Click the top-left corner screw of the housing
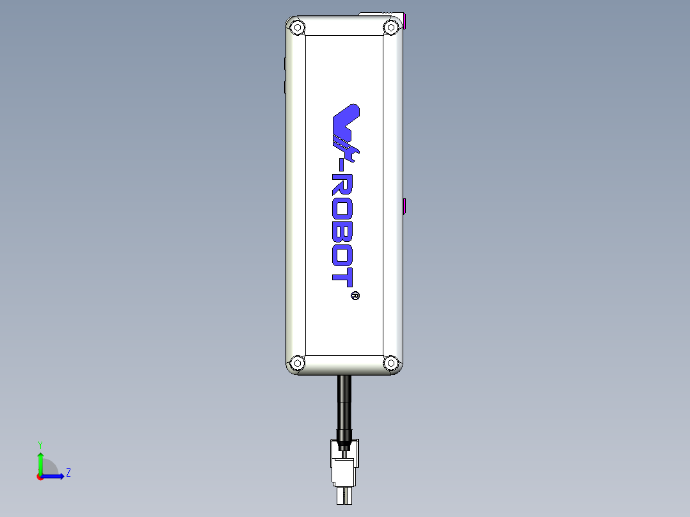coord(297,28)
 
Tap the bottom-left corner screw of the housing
coord(297,363)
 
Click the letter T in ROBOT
coord(343,276)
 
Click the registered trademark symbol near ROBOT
coord(355,296)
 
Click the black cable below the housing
coord(344,403)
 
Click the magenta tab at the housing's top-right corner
coord(405,22)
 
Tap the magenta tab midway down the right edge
coord(405,207)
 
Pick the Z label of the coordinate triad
coord(68,473)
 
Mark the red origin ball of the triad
coord(40,477)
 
